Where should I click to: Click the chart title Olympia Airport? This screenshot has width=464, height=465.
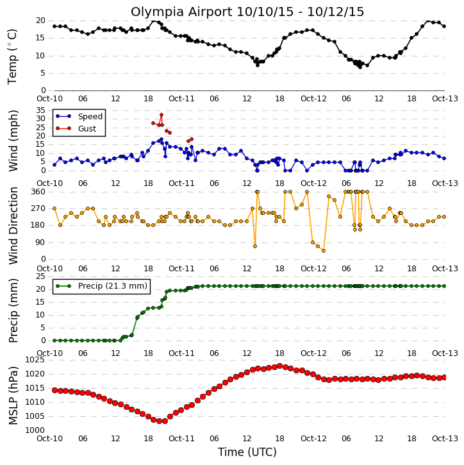coord(181,12)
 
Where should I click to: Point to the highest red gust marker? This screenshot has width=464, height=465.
coord(162,115)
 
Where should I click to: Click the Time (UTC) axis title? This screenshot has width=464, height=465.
coord(247,452)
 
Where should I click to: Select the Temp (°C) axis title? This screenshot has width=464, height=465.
coord(12,56)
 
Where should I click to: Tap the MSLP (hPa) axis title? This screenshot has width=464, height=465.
coord(13,396)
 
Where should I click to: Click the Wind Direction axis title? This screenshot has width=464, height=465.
coord(13,226)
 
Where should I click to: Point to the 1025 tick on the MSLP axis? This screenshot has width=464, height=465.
coord(35,360)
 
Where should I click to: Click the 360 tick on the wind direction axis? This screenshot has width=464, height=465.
coord(38,192)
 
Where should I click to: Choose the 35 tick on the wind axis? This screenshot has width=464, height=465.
coord(40,110)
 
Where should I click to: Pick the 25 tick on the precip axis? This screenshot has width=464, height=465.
coord(40,276)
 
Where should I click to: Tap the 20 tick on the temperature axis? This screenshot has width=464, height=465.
coord(40,21)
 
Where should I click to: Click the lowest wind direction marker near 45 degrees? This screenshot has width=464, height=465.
coord(324,251)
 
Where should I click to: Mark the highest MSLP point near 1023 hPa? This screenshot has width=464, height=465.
coord(279,366)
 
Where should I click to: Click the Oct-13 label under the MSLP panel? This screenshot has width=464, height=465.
coord(445,438)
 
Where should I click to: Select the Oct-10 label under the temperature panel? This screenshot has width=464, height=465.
coord(50,99)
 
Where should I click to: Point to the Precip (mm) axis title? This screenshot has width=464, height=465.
coord(13,311)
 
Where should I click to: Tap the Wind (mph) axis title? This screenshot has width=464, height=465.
coord(13,140)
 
